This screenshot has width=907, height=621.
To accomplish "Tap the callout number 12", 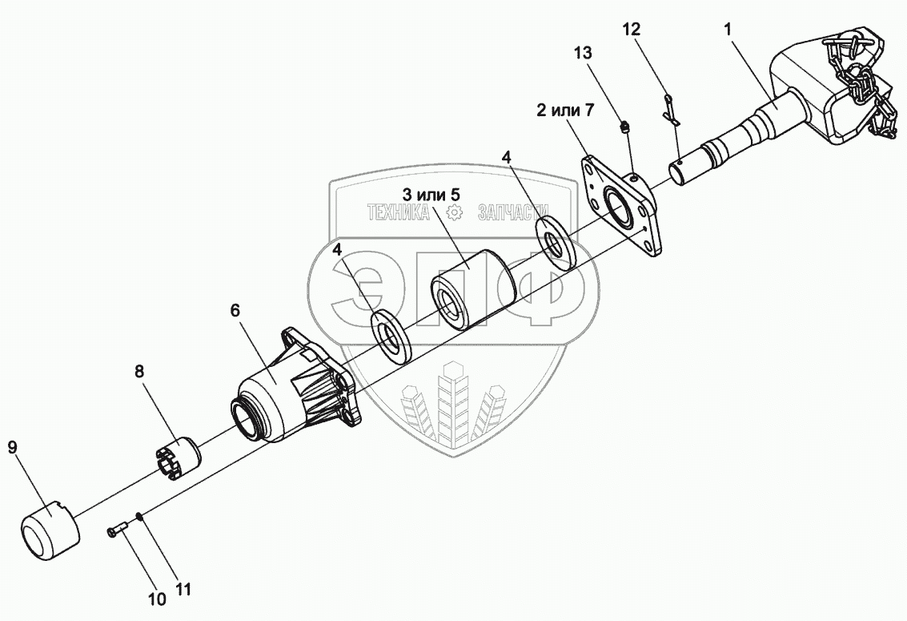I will point(632,30).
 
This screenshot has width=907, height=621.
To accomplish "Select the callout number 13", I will point(584,54).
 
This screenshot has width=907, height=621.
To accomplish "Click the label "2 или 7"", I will point(565,111).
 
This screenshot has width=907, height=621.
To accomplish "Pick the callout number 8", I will point(139,371).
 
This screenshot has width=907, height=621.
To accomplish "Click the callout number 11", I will point(183,590).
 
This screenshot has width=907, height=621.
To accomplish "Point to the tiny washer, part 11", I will point(139,516).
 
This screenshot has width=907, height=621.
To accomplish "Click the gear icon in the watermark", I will point(454,212).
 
